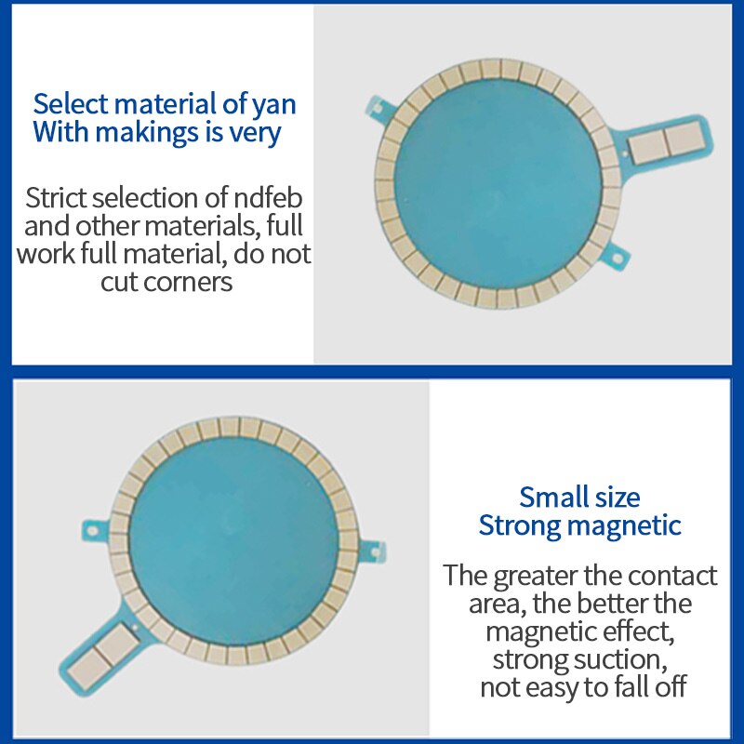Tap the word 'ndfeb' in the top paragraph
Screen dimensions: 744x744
click(268, 198)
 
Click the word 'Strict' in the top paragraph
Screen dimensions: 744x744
click(57, 198)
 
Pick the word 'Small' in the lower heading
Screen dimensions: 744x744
click(549, 498)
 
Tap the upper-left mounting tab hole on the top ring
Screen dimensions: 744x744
click(379, 108)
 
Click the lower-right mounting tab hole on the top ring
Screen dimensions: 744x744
click(618, 259)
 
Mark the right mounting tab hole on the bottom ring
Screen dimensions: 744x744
click(375, 552)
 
